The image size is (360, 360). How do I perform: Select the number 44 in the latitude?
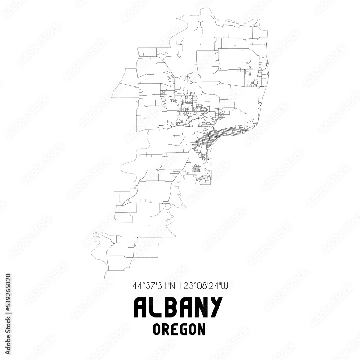137,286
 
